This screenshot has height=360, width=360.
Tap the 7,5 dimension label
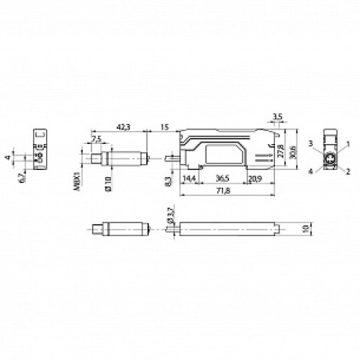coord(96,139)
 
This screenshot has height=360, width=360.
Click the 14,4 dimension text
coord(189,178)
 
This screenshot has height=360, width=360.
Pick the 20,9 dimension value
coord(255,178)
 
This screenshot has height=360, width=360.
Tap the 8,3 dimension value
coord(168,182)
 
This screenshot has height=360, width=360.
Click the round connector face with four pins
coord(330,158)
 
